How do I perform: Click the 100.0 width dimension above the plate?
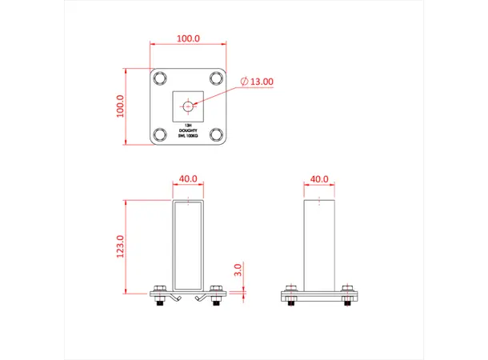[188, 38]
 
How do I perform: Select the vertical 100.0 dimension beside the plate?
[122, 107]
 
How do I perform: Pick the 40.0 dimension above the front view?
[188, 179]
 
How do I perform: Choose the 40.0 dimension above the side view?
[319, 179]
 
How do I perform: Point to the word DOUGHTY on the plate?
[188, 131]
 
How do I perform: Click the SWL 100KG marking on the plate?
[188, 137]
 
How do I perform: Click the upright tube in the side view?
[319, 244]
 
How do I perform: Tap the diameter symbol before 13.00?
[244, 82]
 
